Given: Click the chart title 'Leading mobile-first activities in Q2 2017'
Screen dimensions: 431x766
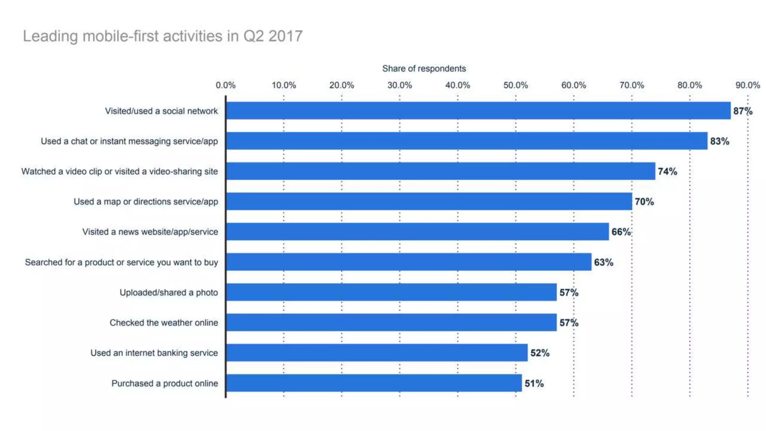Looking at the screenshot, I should pos(163,36).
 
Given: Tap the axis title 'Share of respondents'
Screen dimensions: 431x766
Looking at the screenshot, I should pos(424,68).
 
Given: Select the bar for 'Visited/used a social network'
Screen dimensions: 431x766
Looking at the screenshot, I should pos(478,111).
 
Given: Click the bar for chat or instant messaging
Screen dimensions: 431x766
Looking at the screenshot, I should pos(466,141).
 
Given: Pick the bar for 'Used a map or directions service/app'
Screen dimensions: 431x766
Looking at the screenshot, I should pos(429,201).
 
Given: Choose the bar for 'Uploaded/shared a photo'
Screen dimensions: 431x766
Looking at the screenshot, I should pos(391,292).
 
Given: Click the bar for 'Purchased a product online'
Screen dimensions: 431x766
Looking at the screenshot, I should pos(374,383).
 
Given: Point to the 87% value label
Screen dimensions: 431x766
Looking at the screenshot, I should pos(742,111).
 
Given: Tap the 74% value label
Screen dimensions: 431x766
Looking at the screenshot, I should pos(667,171).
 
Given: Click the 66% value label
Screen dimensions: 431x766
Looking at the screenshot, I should pos(621,232).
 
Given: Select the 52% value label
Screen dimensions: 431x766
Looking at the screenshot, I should pos(540,353).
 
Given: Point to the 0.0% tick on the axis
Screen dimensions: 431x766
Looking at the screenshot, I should pos(226,85).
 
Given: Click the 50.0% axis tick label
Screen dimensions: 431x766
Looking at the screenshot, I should pos(515,85).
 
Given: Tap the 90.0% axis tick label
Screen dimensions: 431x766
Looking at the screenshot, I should pos(747,85).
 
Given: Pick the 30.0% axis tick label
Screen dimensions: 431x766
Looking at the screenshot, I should pos(399,85).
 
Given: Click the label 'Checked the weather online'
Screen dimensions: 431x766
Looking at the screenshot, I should pos(163,323).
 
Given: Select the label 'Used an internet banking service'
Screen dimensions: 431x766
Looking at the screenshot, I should pos(154,353).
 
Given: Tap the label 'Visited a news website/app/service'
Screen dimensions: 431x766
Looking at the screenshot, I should pos(150,232).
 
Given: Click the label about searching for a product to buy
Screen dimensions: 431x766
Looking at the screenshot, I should pos(121,262).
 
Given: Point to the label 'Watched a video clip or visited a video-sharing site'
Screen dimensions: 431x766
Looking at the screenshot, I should pos(119,171).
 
